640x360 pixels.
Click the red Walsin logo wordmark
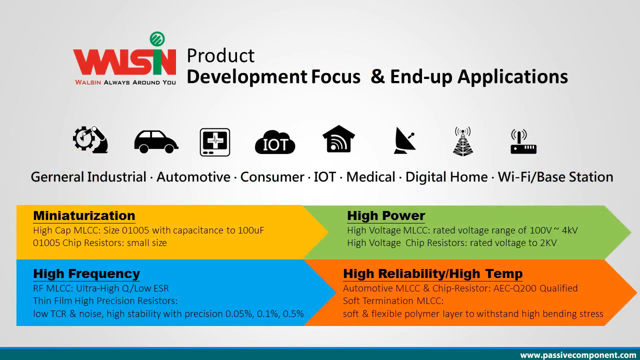[124, 61]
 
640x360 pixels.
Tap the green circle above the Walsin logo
[157, 39]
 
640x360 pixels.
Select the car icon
[156, 141]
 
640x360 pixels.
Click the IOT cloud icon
[275, 142]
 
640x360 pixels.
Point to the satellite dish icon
[404, 140]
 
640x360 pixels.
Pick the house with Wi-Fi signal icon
[338, 139]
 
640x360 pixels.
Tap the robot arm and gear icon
[90, 139]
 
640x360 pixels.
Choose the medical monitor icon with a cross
[215, 142]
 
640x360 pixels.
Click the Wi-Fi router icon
[523, 141]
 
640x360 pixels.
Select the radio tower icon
[463, 141]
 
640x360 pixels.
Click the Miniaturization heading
[84, 215]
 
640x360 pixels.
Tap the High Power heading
[386, 216]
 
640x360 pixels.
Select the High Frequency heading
[86, 273]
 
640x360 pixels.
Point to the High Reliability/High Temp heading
[433, 273]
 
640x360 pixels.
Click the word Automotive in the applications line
[193, 177]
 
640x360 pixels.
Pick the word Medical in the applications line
[371, 177]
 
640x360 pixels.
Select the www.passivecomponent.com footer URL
[578, 355]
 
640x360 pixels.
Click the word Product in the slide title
[220, 55]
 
